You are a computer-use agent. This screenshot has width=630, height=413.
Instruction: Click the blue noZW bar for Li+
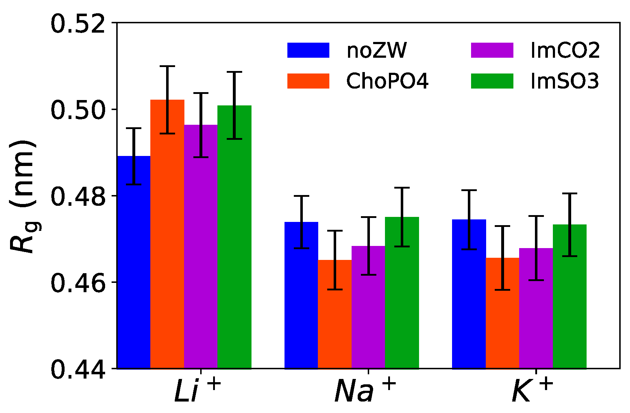tap(133, 262)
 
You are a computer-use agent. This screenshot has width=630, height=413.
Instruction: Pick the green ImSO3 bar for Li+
tap(234, 237)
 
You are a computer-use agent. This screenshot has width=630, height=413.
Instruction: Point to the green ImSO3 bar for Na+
tap(402, 292)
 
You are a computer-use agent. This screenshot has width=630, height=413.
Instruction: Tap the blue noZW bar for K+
tap(469, 294)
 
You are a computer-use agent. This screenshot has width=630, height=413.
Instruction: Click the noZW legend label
tap(376, 51)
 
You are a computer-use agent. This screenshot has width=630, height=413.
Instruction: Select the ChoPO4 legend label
tap(387, 81)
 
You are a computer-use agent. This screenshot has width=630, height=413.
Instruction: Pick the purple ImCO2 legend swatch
tap(492, 51)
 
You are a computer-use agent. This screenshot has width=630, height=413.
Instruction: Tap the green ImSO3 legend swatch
tap(492, 81)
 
